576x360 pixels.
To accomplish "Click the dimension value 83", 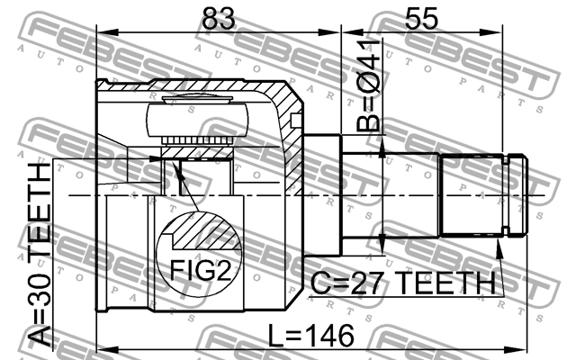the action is point(219,18).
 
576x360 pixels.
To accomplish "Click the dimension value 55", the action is point(421,18).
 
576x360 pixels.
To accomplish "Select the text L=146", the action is point(310,336).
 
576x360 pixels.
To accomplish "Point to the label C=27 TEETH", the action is point(403,283).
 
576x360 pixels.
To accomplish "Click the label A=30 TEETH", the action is point(40,254).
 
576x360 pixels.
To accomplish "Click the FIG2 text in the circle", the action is point(200,270).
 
